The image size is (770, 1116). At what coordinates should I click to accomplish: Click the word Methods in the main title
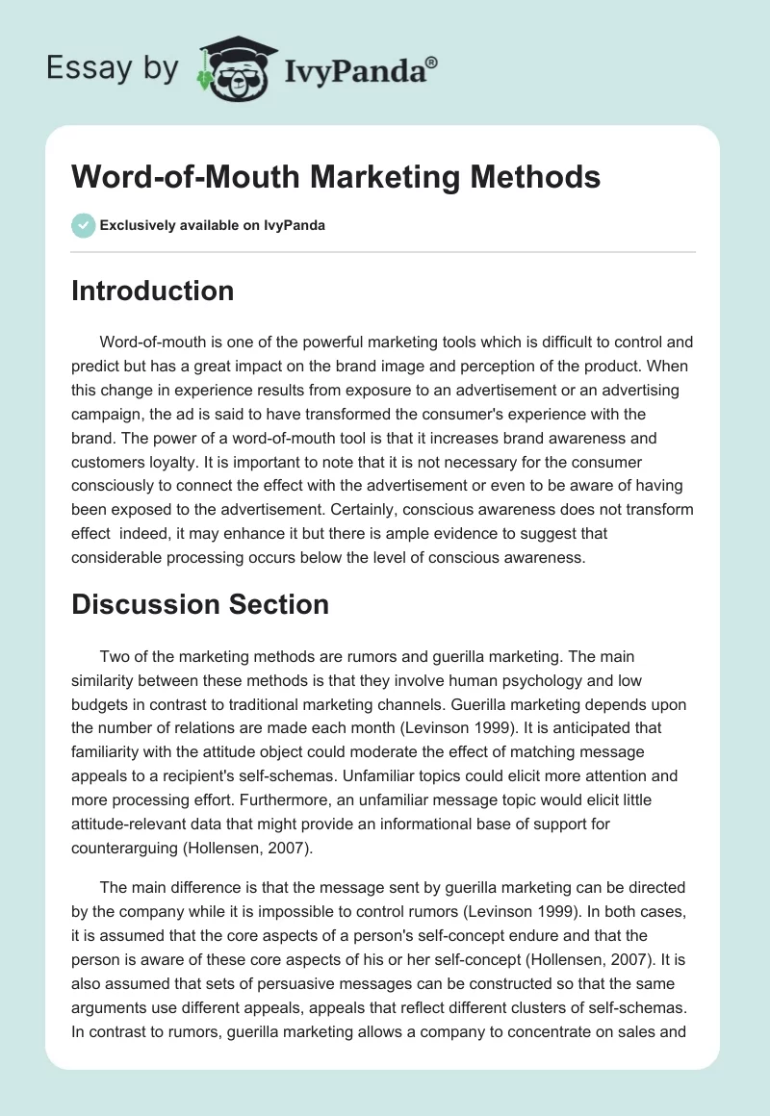pos(527,177)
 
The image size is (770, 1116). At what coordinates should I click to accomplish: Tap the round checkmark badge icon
pos(83,225)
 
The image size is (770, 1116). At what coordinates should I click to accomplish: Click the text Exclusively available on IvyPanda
pos(212,225)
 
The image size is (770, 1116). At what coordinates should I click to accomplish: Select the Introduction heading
pos(152,291)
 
